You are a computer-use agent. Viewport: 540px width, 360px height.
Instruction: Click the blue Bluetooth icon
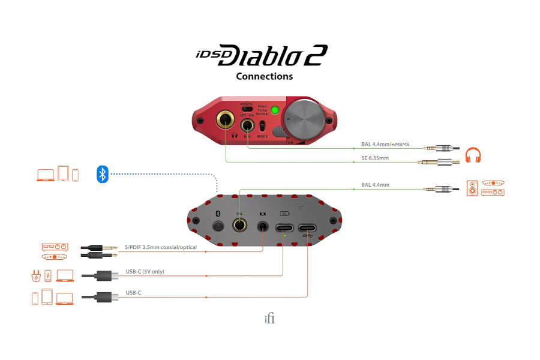(x=103, y=175)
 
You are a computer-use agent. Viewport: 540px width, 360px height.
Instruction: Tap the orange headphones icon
(x=473, y=156)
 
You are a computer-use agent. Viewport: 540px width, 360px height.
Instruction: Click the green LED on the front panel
(x=275, y=110)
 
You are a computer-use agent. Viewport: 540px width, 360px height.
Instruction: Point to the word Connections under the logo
(x=264, y=76)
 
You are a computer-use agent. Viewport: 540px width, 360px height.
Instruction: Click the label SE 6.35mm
(x=375, y=158)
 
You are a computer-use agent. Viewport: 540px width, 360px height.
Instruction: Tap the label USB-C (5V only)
(x=145, y=272)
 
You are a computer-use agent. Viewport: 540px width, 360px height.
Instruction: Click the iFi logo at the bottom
(x=269, y=319)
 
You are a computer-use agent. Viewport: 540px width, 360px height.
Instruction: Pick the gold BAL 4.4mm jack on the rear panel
(x=239, y=225)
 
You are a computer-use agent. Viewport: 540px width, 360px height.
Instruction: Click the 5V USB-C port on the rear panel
(x=284, y=227)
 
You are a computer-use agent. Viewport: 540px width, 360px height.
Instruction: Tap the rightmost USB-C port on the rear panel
(x=308, y=227)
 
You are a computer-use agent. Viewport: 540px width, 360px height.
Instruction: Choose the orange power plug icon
(x=34, y=276)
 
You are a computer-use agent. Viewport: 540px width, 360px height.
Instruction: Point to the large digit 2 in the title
(x=316, y=56)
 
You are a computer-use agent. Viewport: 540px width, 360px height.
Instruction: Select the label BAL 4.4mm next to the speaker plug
(x=375, y=185)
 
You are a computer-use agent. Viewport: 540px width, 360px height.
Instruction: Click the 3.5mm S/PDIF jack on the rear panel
(x=263, y=227)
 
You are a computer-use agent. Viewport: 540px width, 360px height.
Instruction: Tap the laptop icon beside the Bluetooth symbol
(x=46, y=175)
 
